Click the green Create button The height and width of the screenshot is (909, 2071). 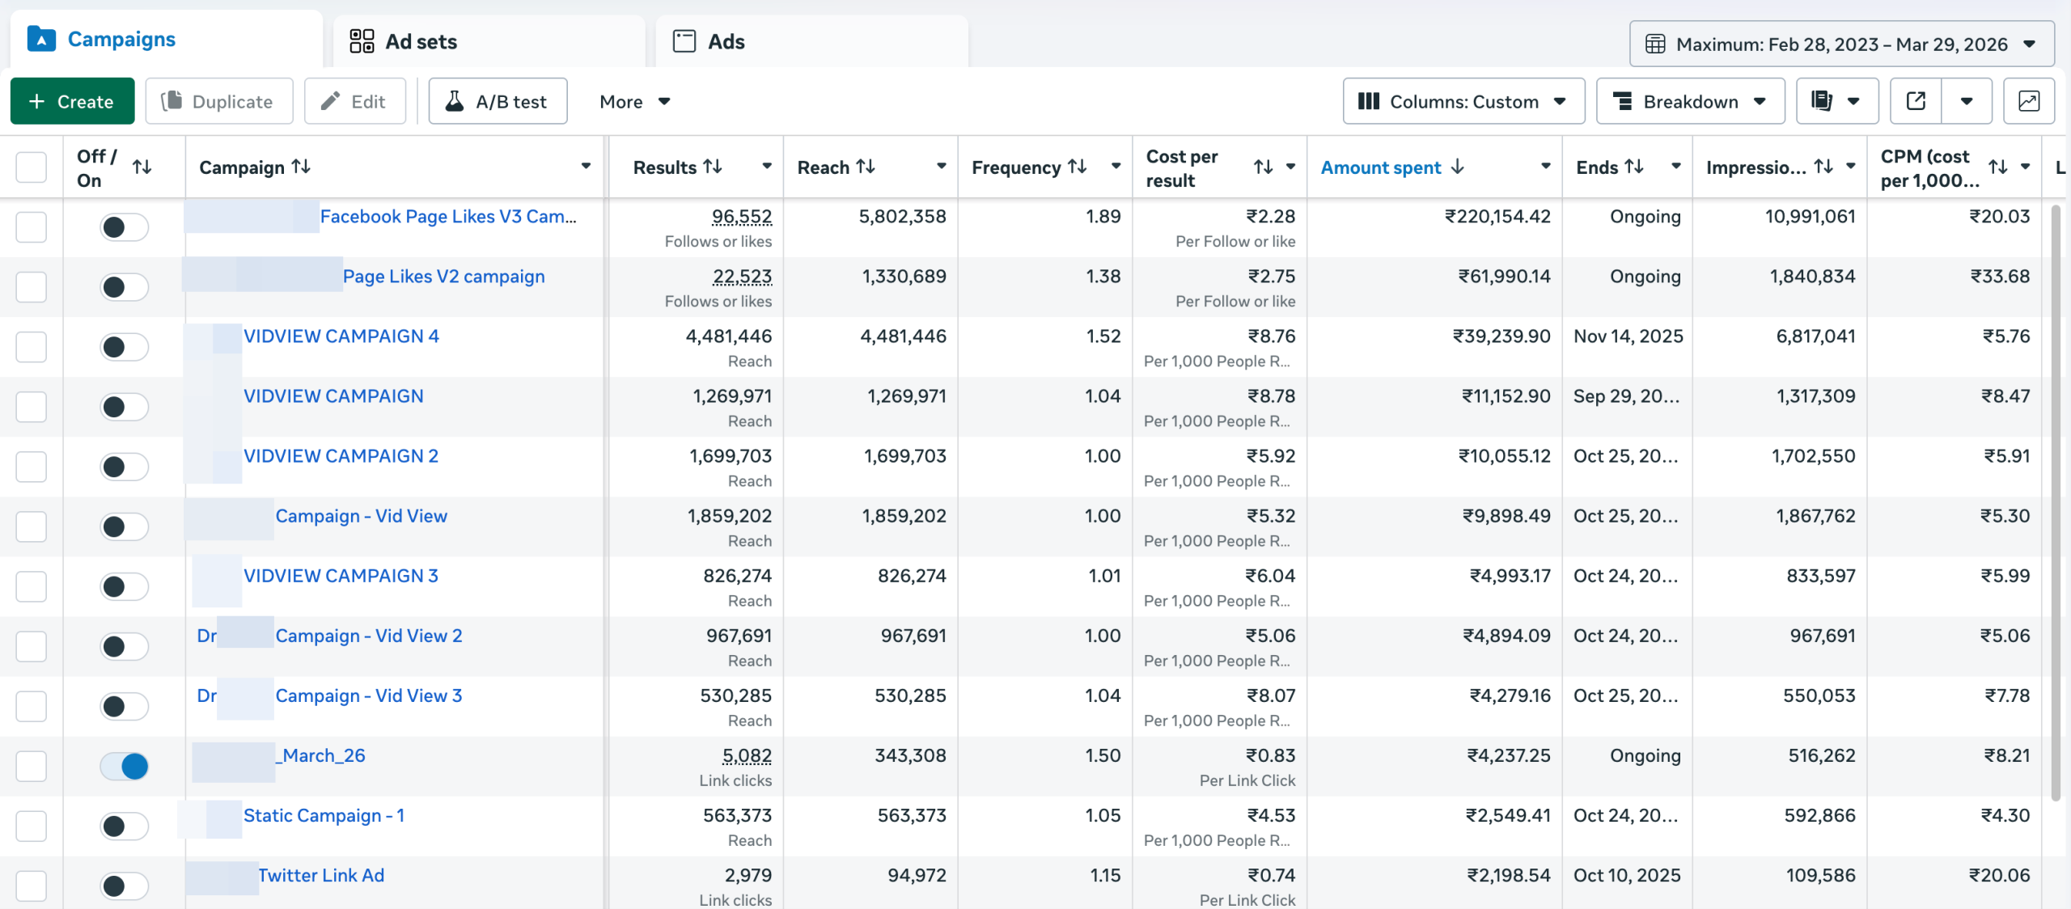click(x=72, y=101)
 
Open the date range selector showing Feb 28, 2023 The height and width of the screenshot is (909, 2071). click(x=1840, y=44)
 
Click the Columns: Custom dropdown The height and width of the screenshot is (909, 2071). click(x=1463, y=101)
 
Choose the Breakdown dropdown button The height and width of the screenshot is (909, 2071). click(x=1689, y=101)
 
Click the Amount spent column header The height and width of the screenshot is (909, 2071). click(x=1380, y=167)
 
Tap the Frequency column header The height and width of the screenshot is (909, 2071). click(x=1015, y=167)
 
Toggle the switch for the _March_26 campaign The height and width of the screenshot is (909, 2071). click(x=124, y=766)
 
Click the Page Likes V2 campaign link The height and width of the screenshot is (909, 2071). click(x=443, y=277)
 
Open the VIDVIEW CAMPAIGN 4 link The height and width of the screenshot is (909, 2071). click(x=341, y=336)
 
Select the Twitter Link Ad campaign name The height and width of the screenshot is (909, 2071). click(x=320, y=875)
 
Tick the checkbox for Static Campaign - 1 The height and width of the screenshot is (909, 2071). click(x=32, y=826)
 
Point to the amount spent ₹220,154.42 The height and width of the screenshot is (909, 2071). click(x=1497, y=217)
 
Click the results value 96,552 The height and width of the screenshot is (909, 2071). click(x=741, y=217)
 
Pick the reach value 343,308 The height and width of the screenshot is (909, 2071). click(x=910, y=755)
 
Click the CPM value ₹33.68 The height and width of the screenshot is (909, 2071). click(x=1999, y=277)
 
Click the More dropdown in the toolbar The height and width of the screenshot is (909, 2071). click(x=634, y=101)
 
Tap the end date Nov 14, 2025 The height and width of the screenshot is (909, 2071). click(x=1628, y=336)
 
